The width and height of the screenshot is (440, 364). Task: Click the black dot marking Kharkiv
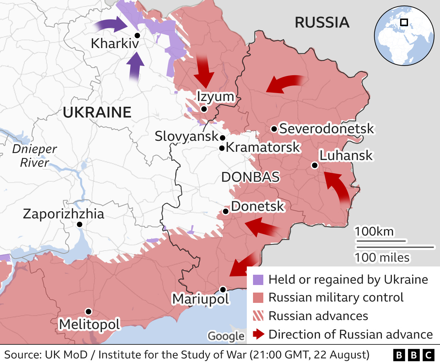click(x=137, y=35)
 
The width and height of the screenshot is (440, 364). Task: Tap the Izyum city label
click(x=215, y=96)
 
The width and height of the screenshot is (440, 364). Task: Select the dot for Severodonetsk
click(x=274, y=129)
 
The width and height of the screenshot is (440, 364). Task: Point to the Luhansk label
click(x=346, y=156)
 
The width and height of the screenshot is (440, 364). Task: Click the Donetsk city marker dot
click(x=226, y=211)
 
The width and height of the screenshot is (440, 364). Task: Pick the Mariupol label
click(x=200, y=299)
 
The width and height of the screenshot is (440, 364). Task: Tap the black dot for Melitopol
click(x=88, y=311)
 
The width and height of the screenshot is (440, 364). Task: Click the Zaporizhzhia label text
click(x=64, y=214)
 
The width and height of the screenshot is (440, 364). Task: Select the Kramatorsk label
click(x=263, y=147)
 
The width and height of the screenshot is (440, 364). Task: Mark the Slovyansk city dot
click(x=222, y=138)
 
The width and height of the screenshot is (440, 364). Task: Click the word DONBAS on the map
click(x=250, y=177)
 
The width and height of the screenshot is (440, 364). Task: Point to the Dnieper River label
click(x=34, y=156)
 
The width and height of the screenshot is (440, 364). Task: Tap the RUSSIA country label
click(x=322, y=23)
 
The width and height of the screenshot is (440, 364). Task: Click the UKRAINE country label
click(x=97, y=112)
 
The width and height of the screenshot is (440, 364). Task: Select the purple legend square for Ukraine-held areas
click(x=258, y=280)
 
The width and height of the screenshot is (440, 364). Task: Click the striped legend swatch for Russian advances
click(x=258, y=316)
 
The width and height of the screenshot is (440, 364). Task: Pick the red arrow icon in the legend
click(x=258, y=334)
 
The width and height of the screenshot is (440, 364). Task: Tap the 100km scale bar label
click(x=374, y=231)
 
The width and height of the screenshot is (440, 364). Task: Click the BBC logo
click(x=414, y=355)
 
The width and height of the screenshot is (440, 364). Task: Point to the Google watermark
click(x=226, y=336)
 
